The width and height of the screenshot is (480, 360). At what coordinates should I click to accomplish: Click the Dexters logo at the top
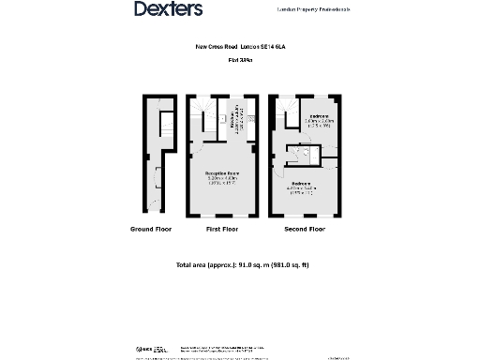(169, 9)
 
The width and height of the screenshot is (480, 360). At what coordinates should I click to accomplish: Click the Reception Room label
(223, 174)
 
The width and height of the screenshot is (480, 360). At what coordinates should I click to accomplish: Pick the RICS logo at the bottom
(143, 349)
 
